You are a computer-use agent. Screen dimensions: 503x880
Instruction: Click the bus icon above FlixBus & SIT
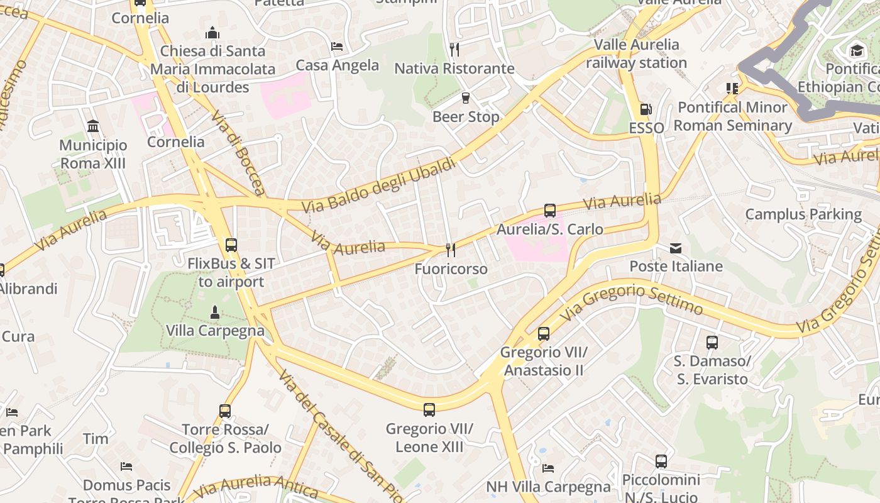coord(231,245)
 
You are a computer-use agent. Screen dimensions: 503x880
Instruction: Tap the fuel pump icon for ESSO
coord(646,109)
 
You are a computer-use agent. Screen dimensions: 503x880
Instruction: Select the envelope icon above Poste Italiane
coord(676,248)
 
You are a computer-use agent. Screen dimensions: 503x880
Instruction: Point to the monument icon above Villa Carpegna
coord(215,312)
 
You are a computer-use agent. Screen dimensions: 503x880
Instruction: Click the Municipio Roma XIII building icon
coord(93,126)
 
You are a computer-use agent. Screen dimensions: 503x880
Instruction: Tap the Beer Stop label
coord(466,117)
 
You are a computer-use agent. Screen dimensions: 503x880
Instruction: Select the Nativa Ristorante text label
coord(454,69)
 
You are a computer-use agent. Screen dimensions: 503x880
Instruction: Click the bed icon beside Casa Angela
coord(337,47)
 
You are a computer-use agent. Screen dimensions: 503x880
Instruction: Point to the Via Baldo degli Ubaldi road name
coord(378,186)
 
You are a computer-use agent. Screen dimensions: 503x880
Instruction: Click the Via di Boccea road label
coord(238,153)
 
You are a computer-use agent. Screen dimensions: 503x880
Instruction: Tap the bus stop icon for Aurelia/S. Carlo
coord(550,211)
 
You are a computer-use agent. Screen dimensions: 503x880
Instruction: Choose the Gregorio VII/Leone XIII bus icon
coord(429,410)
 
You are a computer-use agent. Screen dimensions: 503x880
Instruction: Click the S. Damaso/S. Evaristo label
coord(712,370)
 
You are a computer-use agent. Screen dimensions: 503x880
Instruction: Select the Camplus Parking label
coord(803,214)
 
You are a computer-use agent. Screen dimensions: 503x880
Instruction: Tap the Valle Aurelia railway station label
coord(637,53)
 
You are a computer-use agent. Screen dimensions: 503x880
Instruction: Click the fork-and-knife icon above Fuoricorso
coord(451,250)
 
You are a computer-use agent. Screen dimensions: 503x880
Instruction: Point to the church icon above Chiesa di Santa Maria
coord(213,33)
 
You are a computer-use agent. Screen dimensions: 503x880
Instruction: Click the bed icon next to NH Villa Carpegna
coord(548,468)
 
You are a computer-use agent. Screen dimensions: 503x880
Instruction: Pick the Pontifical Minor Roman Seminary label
coord(733,116)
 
